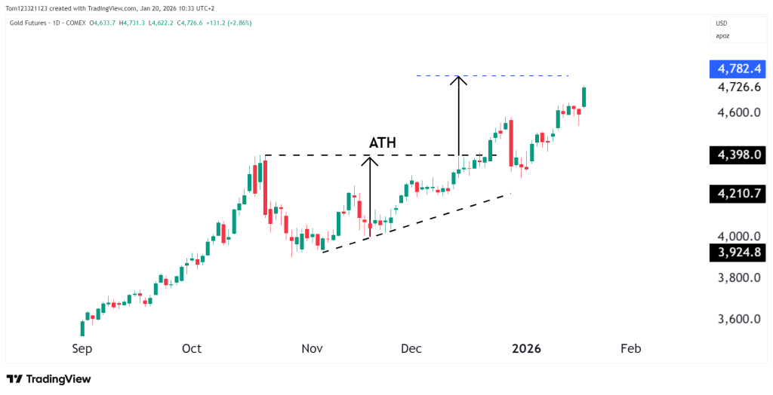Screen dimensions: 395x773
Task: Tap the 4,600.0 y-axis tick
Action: click(738, 113)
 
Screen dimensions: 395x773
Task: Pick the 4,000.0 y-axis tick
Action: click(738, 236)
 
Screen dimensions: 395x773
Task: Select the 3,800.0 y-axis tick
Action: click(738, 277)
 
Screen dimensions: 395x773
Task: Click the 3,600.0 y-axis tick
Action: click(738, 319)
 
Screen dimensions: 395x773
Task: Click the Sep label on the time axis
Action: click(82, 348)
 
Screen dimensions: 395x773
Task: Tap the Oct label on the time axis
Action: click(192, 348)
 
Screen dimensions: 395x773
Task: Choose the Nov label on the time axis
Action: click(312, 348)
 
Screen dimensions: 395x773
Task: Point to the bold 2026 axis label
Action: click(527, 348)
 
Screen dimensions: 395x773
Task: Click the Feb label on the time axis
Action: click(630, 348)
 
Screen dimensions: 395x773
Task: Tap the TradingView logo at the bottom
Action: click(48, 379)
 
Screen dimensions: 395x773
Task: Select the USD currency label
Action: click(722, 23)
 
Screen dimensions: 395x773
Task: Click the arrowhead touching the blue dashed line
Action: click(458, 78)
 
